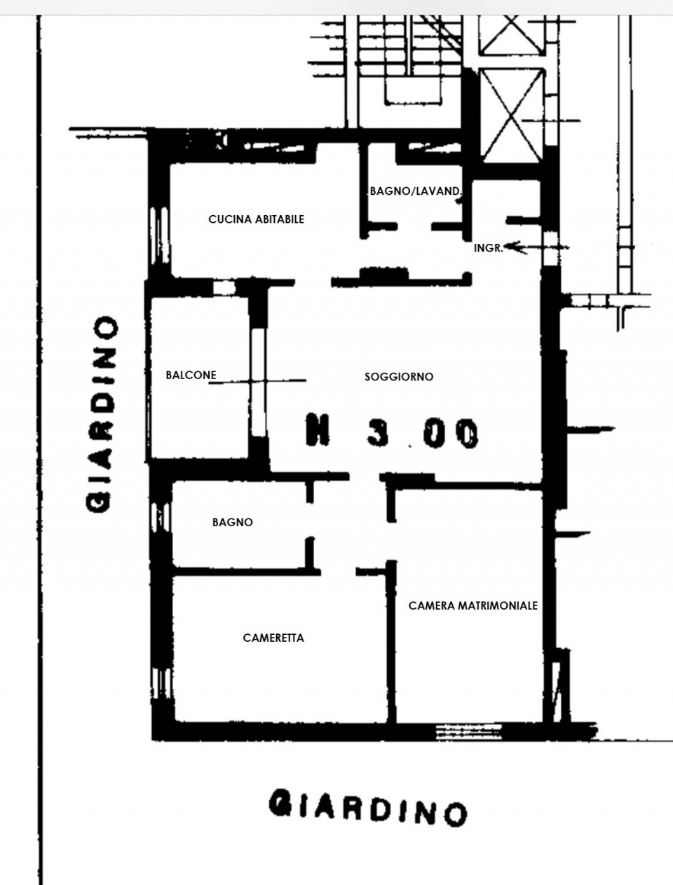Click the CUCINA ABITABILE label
click(256, 219)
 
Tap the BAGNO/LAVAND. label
click(416, 191)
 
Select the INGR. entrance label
click(489, 248)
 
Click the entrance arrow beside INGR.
click(536, 247)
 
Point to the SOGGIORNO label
click(399, 376)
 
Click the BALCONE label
click(191, 375)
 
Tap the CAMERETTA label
click(273, 638)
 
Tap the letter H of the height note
click(318, 430)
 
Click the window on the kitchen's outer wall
click(159, 235)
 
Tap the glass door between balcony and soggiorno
click(258, 382)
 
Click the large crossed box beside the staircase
click(512, 116)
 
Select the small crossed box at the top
click(512, 34)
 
